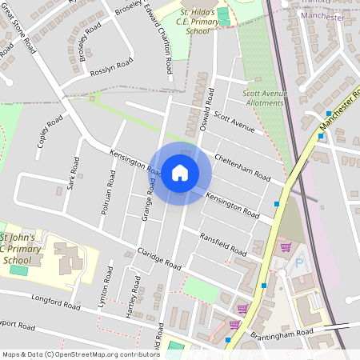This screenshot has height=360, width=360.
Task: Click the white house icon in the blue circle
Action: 180,173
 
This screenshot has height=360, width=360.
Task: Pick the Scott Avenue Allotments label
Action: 265,97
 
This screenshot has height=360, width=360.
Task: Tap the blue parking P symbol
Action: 301,262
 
